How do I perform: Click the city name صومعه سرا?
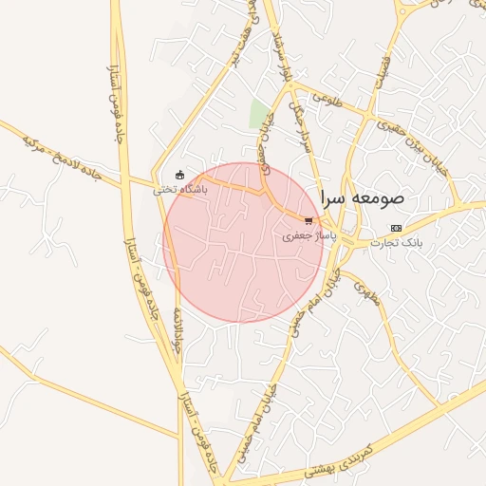click(x=363, y=198)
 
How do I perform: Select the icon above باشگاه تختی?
click(x=180, y=175)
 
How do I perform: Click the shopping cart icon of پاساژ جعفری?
click(x=309, y=221)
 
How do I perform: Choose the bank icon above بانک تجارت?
click(x=396, y=229)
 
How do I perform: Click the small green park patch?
click(x=258, y=113)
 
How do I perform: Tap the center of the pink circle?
click(x=243, y=243)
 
